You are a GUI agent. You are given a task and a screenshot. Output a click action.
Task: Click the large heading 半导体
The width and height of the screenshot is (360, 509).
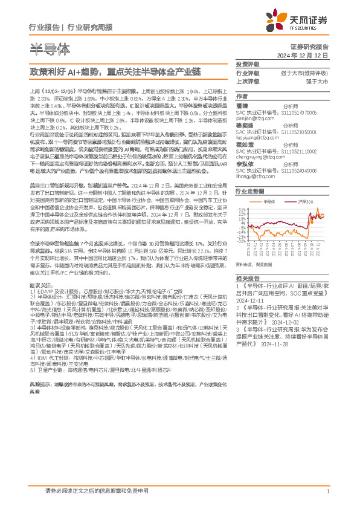pyautogui.click(x=50, y=48)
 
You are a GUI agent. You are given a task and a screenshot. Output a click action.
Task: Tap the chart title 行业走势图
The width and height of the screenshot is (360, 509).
pyautogui.click(x=251, y=190)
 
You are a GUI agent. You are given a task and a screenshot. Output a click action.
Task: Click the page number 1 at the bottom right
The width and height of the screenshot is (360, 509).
pyautogui.click(x=327, y=492)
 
